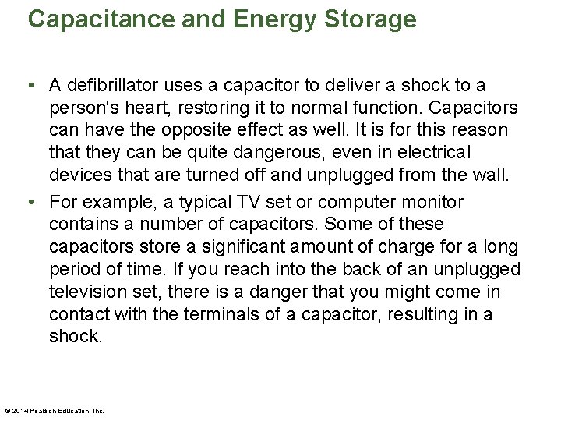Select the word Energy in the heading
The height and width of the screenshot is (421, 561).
(270, 19)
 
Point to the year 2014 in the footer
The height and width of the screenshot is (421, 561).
(20, 411)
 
